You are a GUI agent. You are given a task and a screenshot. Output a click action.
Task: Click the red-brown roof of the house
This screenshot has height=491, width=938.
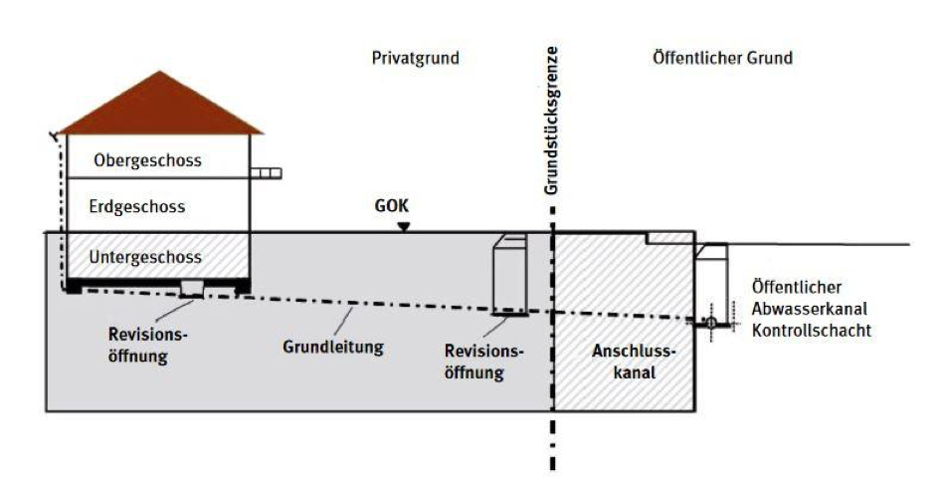[160, 108]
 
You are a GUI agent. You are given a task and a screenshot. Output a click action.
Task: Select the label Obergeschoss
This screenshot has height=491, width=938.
[148, 160]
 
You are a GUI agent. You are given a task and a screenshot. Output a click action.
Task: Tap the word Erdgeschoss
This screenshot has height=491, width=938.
[137, 207]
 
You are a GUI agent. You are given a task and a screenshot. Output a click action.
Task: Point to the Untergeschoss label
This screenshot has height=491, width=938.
[145, 258]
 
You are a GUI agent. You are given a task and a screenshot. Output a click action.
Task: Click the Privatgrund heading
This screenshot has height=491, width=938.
[416, 58]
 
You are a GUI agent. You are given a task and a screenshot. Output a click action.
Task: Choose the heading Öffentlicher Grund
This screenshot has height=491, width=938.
[722, 58]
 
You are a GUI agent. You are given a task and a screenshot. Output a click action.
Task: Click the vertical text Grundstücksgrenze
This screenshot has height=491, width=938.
[551, 121]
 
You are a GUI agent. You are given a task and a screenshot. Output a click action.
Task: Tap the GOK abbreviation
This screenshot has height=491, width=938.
[392, 206]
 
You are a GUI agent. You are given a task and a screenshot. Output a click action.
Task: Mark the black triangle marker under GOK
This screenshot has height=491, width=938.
[405, 226]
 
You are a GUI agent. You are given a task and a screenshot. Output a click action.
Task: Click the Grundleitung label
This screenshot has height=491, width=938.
[333, 347]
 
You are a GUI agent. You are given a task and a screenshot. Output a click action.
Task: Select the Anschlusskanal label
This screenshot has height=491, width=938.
[634, 362]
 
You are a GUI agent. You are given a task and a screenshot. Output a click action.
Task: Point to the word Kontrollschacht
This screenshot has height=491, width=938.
[812, 331]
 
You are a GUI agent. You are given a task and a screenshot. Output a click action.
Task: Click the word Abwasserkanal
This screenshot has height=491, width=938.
[810, 309]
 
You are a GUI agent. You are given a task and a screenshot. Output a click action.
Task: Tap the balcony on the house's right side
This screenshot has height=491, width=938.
[266, 173]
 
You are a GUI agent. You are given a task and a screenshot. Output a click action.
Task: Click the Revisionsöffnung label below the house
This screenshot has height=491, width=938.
[148, 346]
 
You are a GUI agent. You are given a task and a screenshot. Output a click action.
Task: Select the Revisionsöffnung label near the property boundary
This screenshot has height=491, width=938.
[484, 362]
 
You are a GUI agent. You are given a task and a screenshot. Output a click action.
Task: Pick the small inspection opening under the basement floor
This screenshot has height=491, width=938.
[192, 288]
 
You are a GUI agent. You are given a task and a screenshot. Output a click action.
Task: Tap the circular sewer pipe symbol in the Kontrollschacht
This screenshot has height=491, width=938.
[711, 323]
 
